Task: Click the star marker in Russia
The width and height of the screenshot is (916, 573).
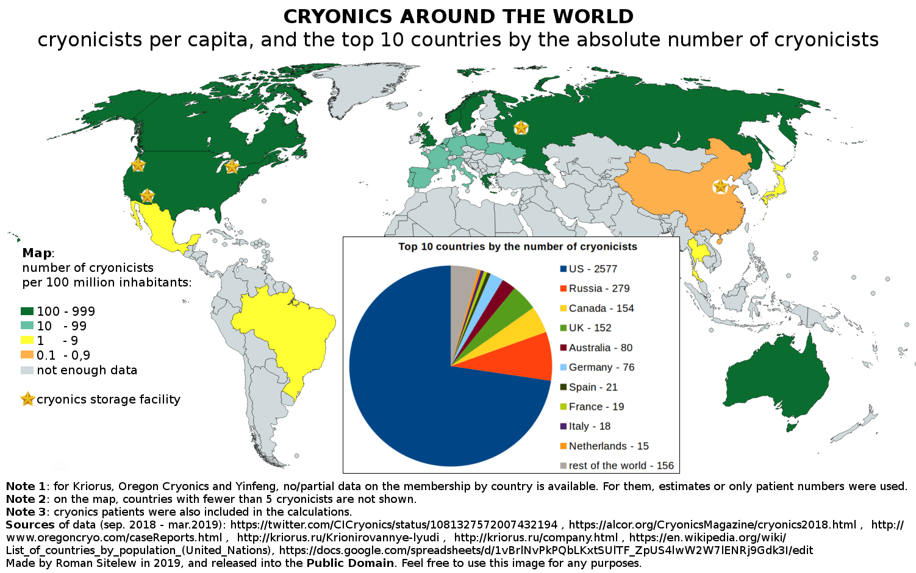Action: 521,127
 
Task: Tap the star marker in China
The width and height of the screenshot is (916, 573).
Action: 720,187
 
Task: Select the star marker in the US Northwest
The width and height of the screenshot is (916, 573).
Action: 138,165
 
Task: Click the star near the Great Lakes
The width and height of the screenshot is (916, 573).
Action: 232,166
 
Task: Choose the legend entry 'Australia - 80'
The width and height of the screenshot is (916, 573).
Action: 600,347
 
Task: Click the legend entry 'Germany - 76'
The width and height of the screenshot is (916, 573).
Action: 601,367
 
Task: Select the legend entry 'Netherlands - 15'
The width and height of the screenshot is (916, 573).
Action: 608,446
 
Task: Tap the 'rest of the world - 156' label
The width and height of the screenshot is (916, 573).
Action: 621,466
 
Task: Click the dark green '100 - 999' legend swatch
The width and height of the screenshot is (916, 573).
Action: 27,311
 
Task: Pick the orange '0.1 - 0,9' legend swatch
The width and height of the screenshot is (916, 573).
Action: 27,355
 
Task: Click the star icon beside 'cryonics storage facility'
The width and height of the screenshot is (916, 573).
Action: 27,399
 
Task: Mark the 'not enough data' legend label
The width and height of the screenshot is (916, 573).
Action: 87,370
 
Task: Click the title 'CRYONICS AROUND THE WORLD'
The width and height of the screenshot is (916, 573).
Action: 458,16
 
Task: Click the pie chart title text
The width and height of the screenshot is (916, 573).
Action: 517,246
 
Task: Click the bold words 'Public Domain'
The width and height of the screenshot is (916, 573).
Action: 350,563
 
